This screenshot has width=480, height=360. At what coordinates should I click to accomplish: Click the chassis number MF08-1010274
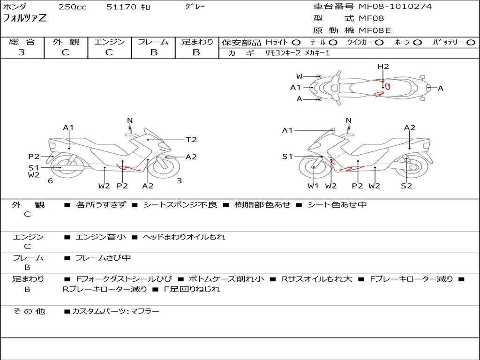[395, 7]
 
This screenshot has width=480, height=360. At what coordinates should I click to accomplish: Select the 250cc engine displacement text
[73, 7]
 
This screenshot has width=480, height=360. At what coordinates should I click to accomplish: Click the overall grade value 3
[21, 52]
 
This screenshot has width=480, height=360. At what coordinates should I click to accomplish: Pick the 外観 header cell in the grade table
[66, 42]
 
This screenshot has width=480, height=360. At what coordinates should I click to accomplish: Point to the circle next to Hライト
[296, 43]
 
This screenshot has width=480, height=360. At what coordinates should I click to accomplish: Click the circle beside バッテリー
[471, 43]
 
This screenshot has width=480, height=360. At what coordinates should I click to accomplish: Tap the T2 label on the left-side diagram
[191, 140]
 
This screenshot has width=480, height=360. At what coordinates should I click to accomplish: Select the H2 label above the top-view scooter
[383, 67]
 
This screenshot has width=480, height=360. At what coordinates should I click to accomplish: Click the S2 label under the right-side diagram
[406, 186]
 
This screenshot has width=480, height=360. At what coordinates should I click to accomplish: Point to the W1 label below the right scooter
[313, 186]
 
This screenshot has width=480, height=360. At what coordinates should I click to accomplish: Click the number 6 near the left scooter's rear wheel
[51, 181]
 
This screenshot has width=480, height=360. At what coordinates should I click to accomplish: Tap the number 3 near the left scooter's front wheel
[180, 181]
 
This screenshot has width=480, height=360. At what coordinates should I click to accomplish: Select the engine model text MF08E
[375, 30]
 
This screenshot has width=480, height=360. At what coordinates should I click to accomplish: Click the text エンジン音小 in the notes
[101, 237]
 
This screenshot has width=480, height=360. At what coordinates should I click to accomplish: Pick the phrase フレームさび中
[103, 258]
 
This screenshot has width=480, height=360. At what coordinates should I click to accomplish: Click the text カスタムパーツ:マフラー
[116, 311]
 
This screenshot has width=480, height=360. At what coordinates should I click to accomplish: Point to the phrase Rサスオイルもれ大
[317, 279]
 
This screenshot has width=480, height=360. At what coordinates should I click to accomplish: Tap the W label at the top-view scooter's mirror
[299, 76]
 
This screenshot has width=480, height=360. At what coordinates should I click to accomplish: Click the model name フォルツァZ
[25, 18]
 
